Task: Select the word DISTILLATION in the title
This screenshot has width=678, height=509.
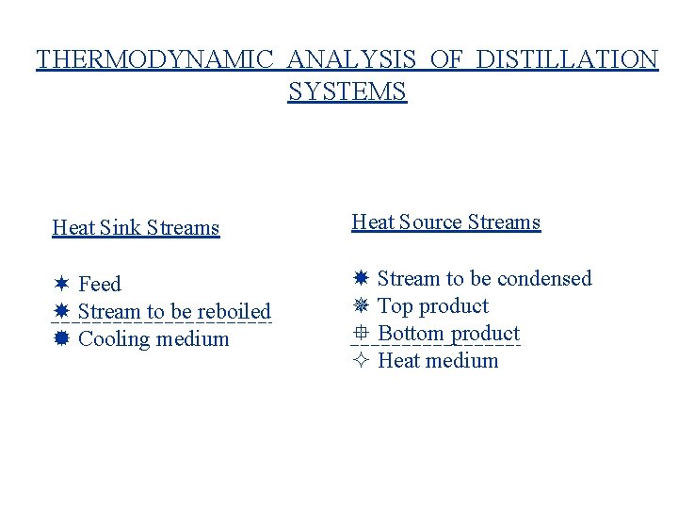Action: pyautogui.click(x=567, y=59)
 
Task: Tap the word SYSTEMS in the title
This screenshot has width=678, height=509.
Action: pyautogui.click(x=347, y=91)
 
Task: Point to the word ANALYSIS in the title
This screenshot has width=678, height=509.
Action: pyautogui.click(x=354, y=59)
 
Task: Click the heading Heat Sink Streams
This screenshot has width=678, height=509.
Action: pyautogui.click(x=136, y=227)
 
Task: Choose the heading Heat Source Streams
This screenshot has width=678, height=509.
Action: pyautogui.click(x=446, y=222)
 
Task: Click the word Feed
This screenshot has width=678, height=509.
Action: pyautogui.click(x=100, y=284)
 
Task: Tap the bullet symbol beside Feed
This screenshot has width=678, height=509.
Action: pyautogui.click(x=61, y=284)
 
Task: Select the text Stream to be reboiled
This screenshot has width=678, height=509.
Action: pyautogui.click(x=174, y=311)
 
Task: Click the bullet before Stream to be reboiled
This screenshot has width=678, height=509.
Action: pyautogui.click(x=61, y=311)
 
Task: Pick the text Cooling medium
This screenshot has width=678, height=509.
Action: pyautogui.click(x=153, y=338)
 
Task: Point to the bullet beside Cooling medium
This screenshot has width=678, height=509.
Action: pyautogui.click(x=61, y=338)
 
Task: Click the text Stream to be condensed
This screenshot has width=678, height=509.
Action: pyautogui.click(x=484, y=278)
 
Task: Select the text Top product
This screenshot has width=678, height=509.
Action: pyautogui.click(x=432, y=305)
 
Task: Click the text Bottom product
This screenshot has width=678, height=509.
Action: pyautogui.click(x=448, y=333)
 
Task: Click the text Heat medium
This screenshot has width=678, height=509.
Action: pyautogui.click(x=438, y=360)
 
